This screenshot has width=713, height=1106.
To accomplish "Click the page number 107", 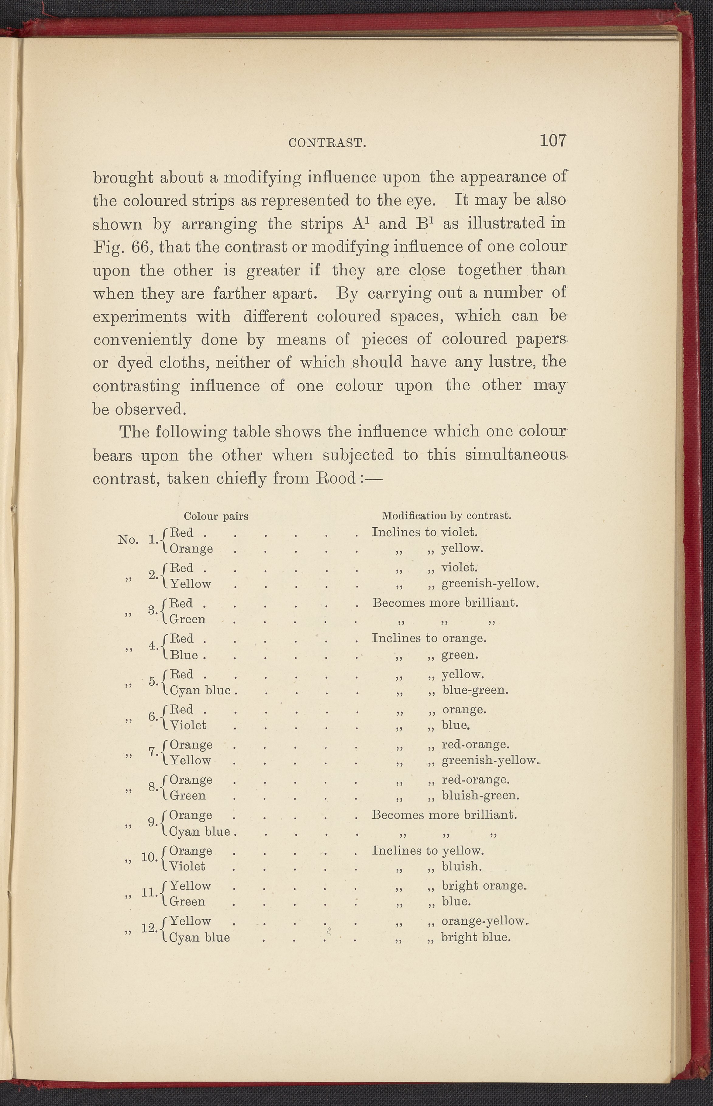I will coord(553,140).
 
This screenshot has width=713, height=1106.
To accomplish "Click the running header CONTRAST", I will coord(327,143).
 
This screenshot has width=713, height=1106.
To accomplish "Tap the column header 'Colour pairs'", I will coord(216,516).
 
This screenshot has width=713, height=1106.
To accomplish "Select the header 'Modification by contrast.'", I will coord(446,515).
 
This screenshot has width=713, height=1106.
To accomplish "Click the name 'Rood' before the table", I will coord(335,478).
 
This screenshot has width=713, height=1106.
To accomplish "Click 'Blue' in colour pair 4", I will coord(184,655).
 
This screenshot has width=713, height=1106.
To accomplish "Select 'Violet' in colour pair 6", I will coord(188,725).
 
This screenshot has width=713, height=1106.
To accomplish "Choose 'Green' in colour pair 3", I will coord(188,619).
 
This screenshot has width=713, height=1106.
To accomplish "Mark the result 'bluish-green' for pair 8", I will coord(480,796).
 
